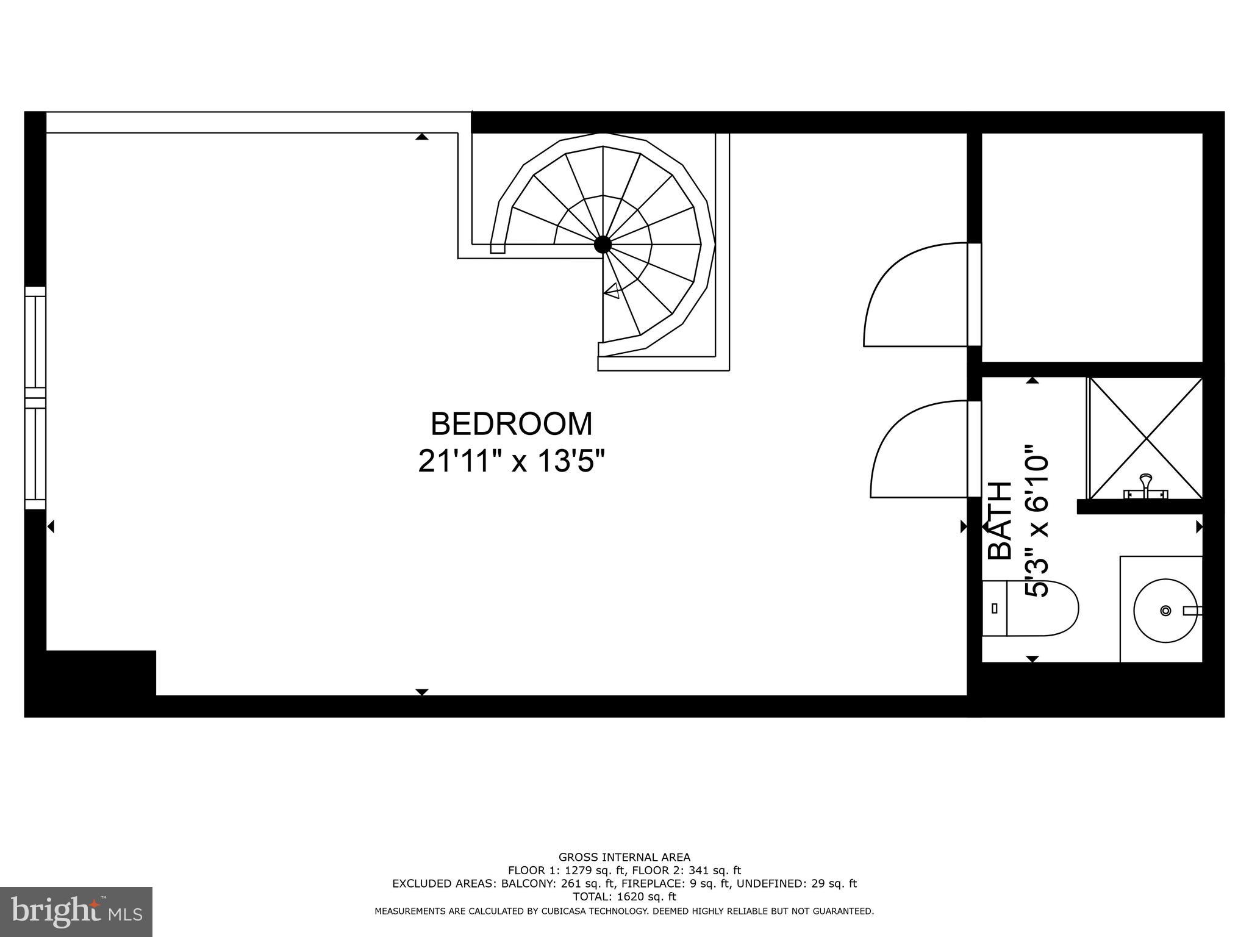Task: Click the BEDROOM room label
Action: tap(511, 424)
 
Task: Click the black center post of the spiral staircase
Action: tap(603, 245)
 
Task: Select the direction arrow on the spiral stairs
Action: tap(612, 292)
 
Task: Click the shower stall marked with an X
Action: tap(1146, 438)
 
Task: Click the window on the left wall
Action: tap(35, 398)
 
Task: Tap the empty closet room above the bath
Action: tap(1092, 247)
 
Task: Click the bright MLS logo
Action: tap(76, 911)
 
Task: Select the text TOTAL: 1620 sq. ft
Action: tap(624, 897)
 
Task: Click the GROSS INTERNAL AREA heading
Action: tap(624, 857)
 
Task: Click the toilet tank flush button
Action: tap(995, 608)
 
